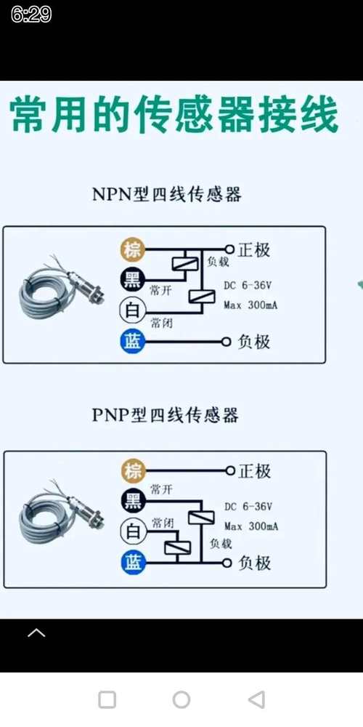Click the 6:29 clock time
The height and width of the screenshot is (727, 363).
tap(31, 15)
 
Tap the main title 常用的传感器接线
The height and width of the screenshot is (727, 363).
tap(174, 116)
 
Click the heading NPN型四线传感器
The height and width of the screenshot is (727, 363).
tap(166, 194)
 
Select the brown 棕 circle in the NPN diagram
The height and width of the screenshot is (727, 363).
tap(133, 250)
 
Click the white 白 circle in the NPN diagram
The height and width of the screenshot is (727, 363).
tap(133, 310)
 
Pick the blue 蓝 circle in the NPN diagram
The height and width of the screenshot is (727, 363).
tap(133, 341)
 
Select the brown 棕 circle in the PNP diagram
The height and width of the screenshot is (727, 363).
tap(133, 470)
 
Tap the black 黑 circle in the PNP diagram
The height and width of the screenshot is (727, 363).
tap(133, 501)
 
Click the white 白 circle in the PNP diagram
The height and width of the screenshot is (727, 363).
tap(133, 531)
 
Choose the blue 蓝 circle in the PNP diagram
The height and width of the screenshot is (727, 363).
tap(133, 562)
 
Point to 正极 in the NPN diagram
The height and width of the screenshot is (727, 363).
tap(253, 250)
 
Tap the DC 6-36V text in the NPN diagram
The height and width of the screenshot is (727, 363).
tap(248, 286)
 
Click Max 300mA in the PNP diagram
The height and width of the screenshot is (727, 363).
tap(251, 526)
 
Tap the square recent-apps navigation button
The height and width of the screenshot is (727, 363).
tap(107, 699)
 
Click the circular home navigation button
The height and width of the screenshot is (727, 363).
tap(181, 699)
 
